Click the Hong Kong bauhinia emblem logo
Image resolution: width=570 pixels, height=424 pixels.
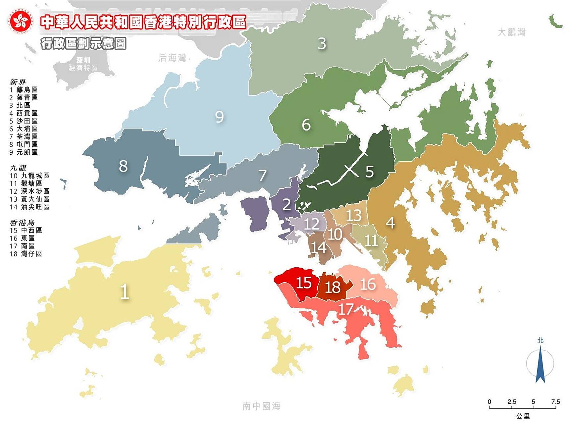coord(21,22)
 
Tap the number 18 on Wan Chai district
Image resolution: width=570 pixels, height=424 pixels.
coord(333,287)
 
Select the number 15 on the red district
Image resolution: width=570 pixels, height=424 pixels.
coord(303,283)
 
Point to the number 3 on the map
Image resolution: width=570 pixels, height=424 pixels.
coord(322,43)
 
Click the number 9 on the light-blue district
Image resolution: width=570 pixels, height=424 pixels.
coord(219,117)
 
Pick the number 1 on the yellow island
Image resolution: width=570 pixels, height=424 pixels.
coord(124,292)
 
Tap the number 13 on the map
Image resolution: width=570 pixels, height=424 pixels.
coord(353,216)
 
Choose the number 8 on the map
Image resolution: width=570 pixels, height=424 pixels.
coord(123,166)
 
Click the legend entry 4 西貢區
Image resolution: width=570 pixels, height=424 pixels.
coord(24,113)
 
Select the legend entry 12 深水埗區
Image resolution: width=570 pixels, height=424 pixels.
coord(29,191)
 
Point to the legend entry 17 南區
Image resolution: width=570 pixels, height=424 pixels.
coord(22,246)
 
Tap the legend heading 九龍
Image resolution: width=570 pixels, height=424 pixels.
coord(18,168)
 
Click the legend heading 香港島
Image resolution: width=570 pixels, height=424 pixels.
coord(22,223)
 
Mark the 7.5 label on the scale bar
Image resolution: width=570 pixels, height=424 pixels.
coord(555,402)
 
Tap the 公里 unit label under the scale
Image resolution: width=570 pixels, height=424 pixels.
coord(523,416)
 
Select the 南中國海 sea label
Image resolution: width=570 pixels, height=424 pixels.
coord(261,406)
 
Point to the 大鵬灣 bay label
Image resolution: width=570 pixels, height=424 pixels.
coord(512,32)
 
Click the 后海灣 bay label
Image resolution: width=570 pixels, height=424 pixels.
coord(172,58)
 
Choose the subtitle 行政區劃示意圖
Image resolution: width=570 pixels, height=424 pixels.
coord(83,43)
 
